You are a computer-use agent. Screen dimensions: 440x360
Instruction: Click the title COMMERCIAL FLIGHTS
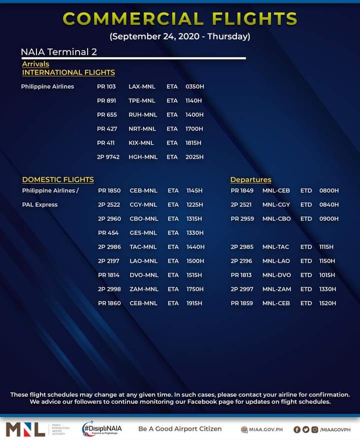180,19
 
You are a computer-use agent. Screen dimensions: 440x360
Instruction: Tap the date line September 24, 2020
180,37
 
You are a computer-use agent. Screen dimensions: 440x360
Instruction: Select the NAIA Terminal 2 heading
59,52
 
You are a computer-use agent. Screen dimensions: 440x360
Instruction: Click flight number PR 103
106,87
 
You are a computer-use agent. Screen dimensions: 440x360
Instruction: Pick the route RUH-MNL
142,115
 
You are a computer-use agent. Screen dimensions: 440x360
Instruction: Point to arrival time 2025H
194,157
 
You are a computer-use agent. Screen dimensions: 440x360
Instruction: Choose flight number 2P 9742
108,157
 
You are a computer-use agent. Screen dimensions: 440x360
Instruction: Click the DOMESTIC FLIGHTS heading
58,179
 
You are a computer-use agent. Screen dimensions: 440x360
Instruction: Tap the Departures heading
250,179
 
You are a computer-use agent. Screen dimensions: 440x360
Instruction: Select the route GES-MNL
143,233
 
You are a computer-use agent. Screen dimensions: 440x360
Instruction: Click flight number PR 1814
109,275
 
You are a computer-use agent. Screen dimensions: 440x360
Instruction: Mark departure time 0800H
329,191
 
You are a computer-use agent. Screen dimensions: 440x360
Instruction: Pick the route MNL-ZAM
276,289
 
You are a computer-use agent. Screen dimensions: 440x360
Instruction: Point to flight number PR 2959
242,219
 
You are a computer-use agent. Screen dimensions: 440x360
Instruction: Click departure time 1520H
328,303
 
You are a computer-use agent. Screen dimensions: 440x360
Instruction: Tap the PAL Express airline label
40,205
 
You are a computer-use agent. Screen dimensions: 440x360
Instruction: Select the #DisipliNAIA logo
102,428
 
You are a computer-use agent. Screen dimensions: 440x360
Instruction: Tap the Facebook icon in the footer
296,429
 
